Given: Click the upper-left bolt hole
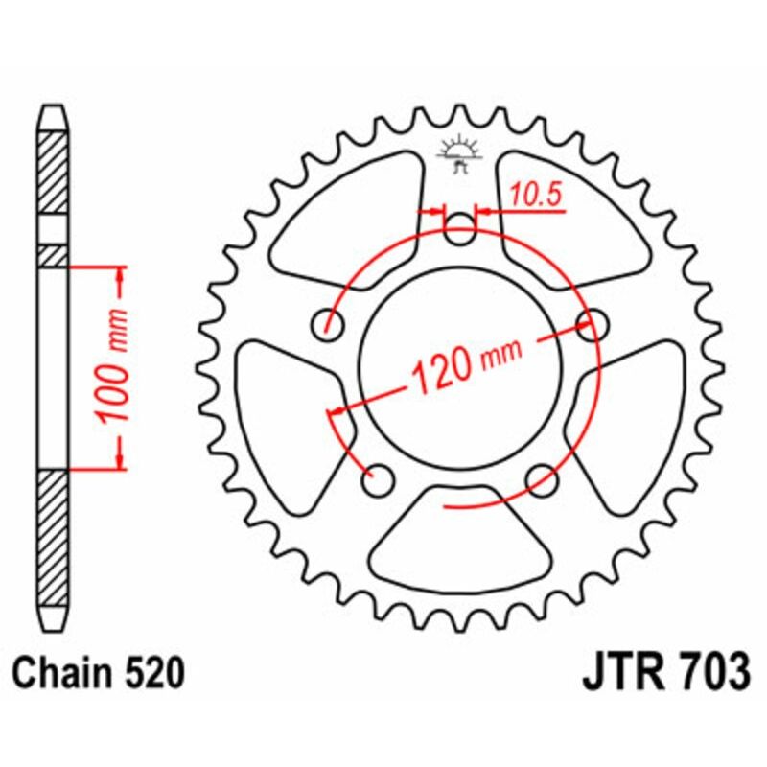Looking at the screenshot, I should click(332, 323).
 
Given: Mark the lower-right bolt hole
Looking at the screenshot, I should click(542, 476).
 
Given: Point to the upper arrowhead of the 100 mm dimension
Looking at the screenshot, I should click(120, 278).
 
